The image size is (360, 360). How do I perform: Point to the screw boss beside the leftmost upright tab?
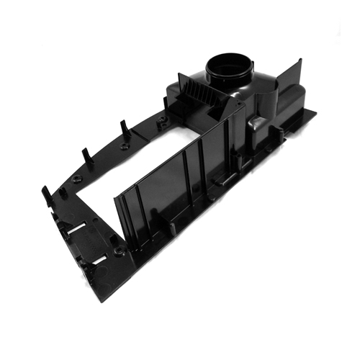(63, 194)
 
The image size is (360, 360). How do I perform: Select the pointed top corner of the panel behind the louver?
(179, 72)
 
